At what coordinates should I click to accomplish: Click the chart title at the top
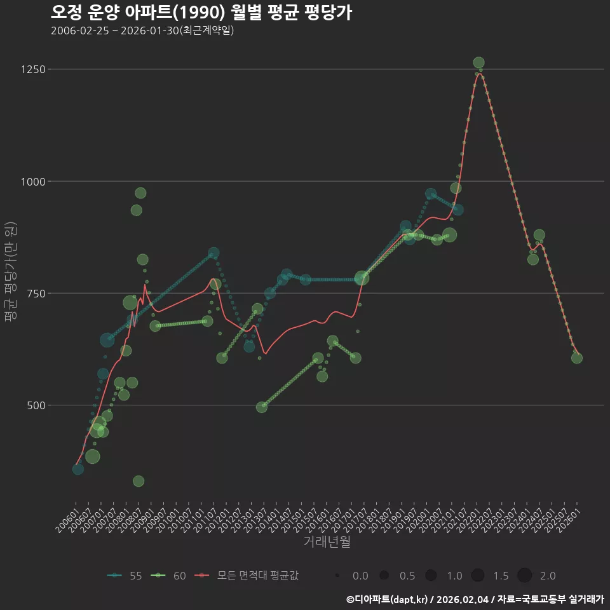point(201,13)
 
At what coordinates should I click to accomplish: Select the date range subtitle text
point(142,30)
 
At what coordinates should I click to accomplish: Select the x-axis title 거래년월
point(327,542)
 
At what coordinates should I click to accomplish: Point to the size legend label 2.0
point(548,576)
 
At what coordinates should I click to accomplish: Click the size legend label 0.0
point(360,576)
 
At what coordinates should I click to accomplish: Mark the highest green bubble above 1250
point(478,63)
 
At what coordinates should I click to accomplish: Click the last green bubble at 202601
point(576,358)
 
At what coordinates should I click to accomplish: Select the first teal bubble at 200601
point(78,469)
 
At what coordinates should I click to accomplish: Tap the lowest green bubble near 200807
point(139,481)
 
